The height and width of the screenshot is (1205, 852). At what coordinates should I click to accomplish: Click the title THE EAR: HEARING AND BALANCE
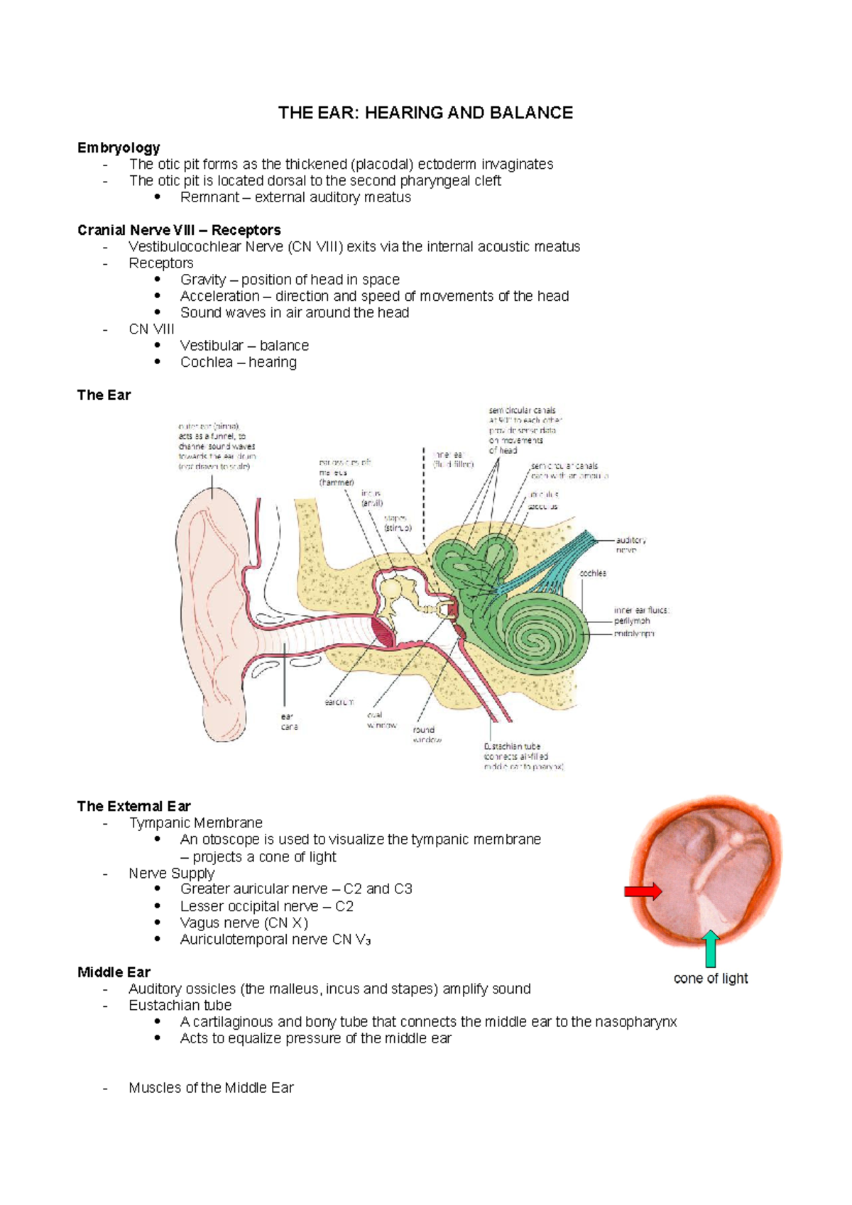(x=425, y=113)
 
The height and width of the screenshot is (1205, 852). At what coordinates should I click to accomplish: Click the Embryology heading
(x=119, y=148)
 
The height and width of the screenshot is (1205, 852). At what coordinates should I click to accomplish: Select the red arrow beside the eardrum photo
(x=643, y=892)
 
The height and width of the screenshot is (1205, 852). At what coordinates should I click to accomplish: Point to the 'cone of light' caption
(x=711, y=979)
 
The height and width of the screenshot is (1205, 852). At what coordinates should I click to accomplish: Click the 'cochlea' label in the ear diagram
(x=593, y=573)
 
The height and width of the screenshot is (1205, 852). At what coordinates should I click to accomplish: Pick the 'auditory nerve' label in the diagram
(x=630, y=545)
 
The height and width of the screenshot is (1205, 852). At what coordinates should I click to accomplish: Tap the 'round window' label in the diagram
(x=427, y=734)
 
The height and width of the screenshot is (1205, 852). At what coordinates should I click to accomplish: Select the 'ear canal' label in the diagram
(x=289, y=722)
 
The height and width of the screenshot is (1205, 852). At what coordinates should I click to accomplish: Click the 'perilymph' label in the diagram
(x=632, y=621)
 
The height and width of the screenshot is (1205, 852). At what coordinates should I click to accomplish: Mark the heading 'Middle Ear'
(x=114, y=972)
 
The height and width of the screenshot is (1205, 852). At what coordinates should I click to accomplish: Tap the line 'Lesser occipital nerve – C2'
(x=266, y=906)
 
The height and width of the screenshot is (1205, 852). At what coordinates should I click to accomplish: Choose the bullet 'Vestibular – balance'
(x=244, y=346)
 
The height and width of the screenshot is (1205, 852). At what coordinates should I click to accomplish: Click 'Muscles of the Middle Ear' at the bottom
(x=211, y=1088)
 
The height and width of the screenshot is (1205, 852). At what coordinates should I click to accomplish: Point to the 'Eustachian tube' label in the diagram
(x=513, y=747)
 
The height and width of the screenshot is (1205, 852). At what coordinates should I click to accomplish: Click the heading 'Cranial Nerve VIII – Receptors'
(x=179, y=230)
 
